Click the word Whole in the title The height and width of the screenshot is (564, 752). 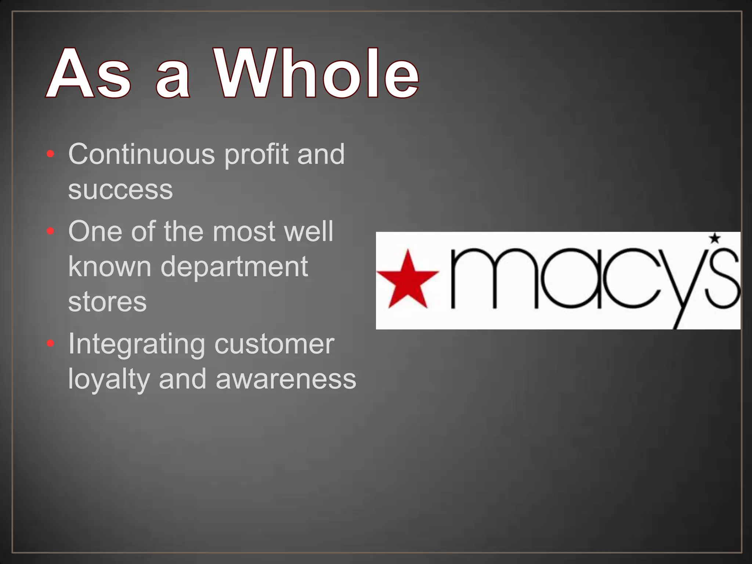pyautogui.click(x=317, y=73)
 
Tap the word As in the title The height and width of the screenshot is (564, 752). pyautogui.click(x=88, y=73)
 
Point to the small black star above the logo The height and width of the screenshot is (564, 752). pyautogui.click(x=715, y=238)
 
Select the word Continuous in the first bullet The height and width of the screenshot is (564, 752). pyautogui.click(x=141, y=154)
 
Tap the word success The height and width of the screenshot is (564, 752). pyautogui.click(x=120, y=190)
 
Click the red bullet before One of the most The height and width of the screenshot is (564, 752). pyautogui.click(x=51, y=231)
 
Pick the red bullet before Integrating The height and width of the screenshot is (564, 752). pyautogui.click(x=51, y=343)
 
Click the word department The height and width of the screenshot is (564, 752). pyautogui.click(x=234, y=267)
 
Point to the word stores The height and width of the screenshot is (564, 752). pyautogui.click(x=107, y=302)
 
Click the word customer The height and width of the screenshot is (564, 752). pyautogui.click(x=274, y=344)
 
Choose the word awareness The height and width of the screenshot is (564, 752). pyautogui.click(x=286, y=380)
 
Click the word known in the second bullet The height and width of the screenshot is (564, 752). pyautogui.click(x=109, y=267)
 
